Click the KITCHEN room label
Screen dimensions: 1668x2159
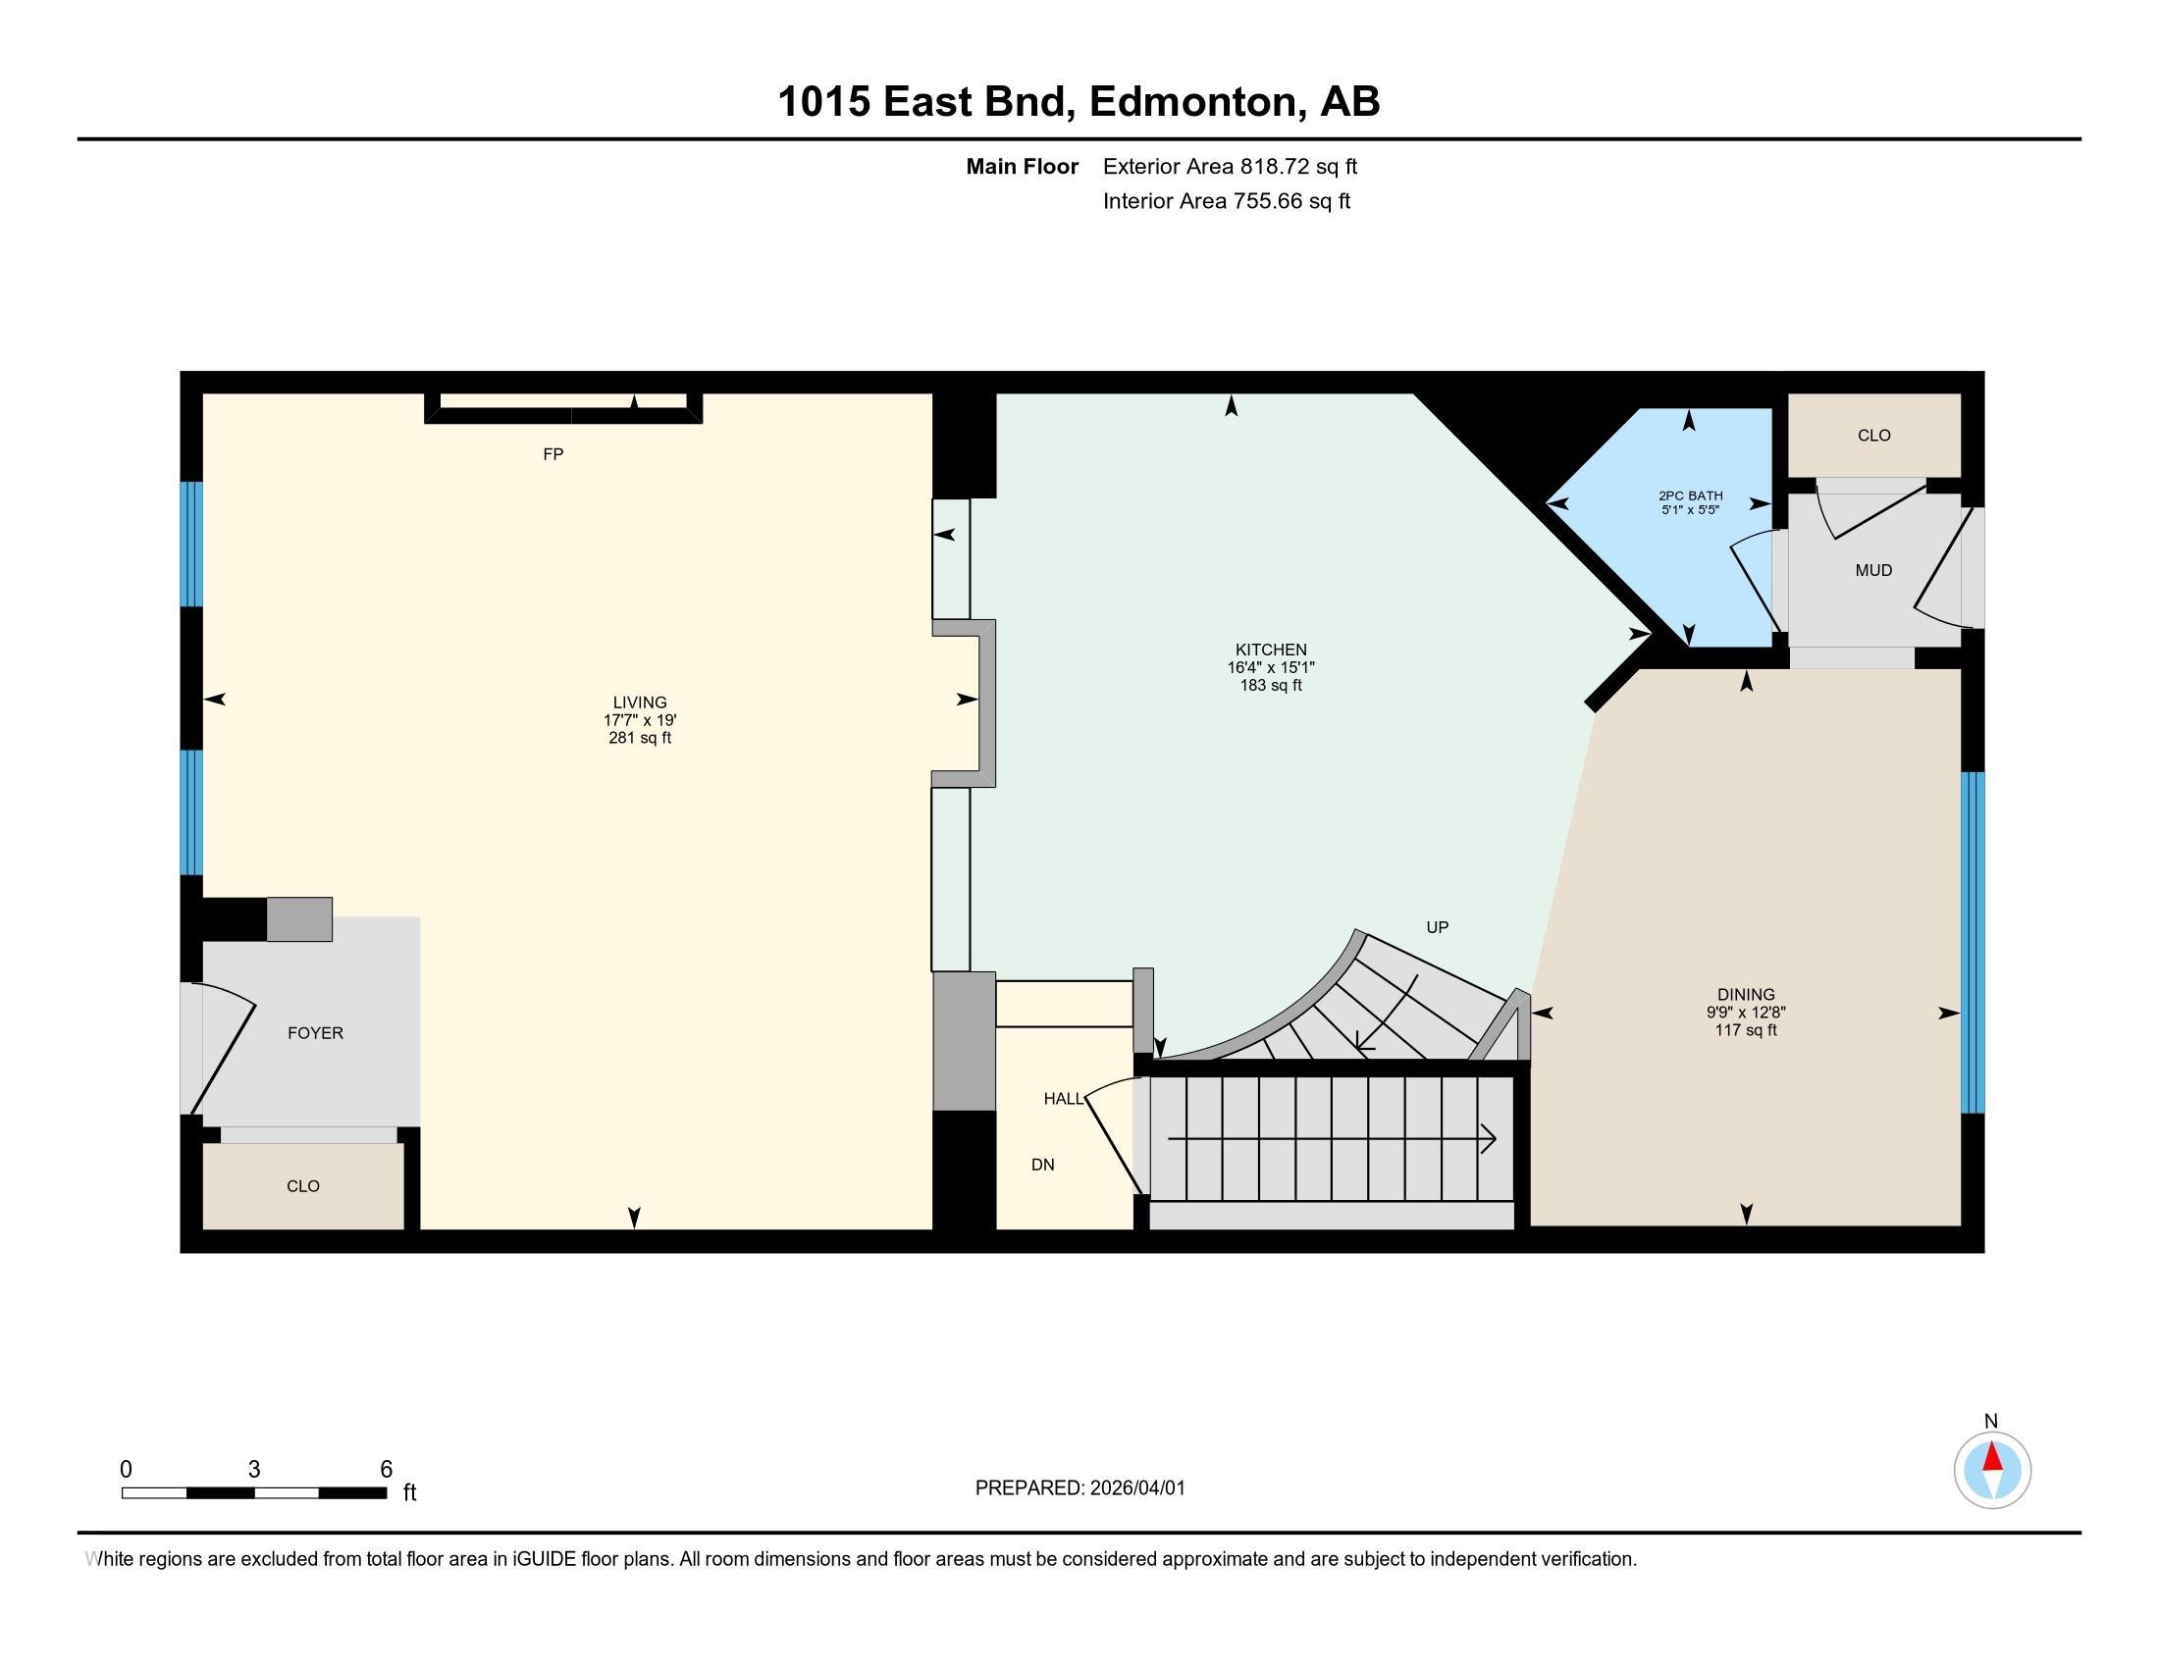pos(1270,651)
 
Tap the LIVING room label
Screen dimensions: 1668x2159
pos(640,704)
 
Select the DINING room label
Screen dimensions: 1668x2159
pos(1746,995)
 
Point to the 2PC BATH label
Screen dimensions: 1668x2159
pos(1690,496)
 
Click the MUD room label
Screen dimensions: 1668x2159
pos(1873,570)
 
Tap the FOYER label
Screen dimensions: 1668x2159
pos(315,1033)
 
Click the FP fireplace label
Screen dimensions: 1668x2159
pos(553,454)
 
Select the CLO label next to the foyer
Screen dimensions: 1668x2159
pos(302,1187)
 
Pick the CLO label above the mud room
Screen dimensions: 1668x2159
pos(1873,436)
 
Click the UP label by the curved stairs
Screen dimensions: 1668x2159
pos(1437,928)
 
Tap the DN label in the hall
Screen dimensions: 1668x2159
pos(1042,1165)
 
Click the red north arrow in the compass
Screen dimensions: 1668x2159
pos(1992,1458)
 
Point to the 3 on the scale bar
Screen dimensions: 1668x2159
pos(254,1470)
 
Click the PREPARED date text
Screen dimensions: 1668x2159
pos(1079,1488)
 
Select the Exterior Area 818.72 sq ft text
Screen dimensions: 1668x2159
pos(1230,167)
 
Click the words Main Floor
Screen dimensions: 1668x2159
pos(1022,167)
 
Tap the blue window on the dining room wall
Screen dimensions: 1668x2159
pos(1972,942)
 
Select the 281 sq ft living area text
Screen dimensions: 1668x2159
pos(640,738)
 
